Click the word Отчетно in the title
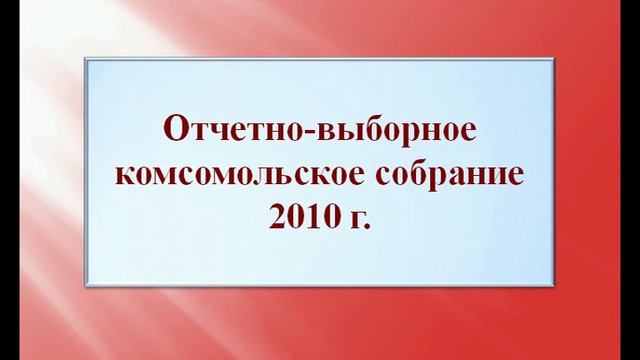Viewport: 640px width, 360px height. [x=223, y=131]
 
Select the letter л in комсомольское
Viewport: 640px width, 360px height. [x=259, y=178]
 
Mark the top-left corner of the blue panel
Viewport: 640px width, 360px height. [x=87, y=57]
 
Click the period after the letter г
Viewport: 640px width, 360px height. [x=366, y=228]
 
